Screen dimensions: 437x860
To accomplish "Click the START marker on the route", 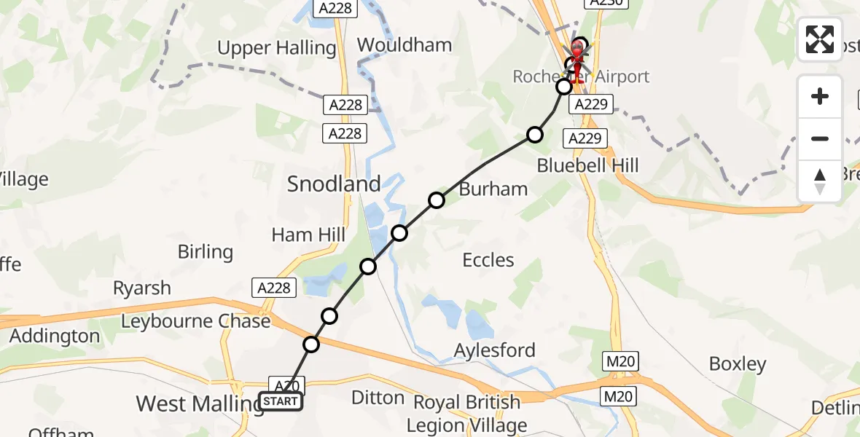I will [281, 401].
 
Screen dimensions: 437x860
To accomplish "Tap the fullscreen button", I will [820, 39].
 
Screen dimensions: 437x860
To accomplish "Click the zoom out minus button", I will [820, 138].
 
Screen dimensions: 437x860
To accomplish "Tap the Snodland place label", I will [334, 184].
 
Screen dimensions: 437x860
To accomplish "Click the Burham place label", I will [493, 189].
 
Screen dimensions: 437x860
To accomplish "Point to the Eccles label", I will [488, 260].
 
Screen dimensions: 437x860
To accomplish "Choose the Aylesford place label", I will [494, 350].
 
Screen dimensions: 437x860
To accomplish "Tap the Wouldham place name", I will [404, 45].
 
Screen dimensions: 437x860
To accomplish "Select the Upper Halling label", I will [277, 49].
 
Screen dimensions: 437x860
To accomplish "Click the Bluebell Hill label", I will [587, 165].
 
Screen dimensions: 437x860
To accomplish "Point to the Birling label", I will [206, 252].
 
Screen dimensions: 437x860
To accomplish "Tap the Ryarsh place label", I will [142, 288].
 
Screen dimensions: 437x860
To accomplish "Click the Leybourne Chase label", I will [195, 321].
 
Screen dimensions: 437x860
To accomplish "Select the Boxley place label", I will [738, 364].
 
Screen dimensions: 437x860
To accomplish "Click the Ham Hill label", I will [308, 235].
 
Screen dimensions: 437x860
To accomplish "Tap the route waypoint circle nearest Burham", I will [436, 200].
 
